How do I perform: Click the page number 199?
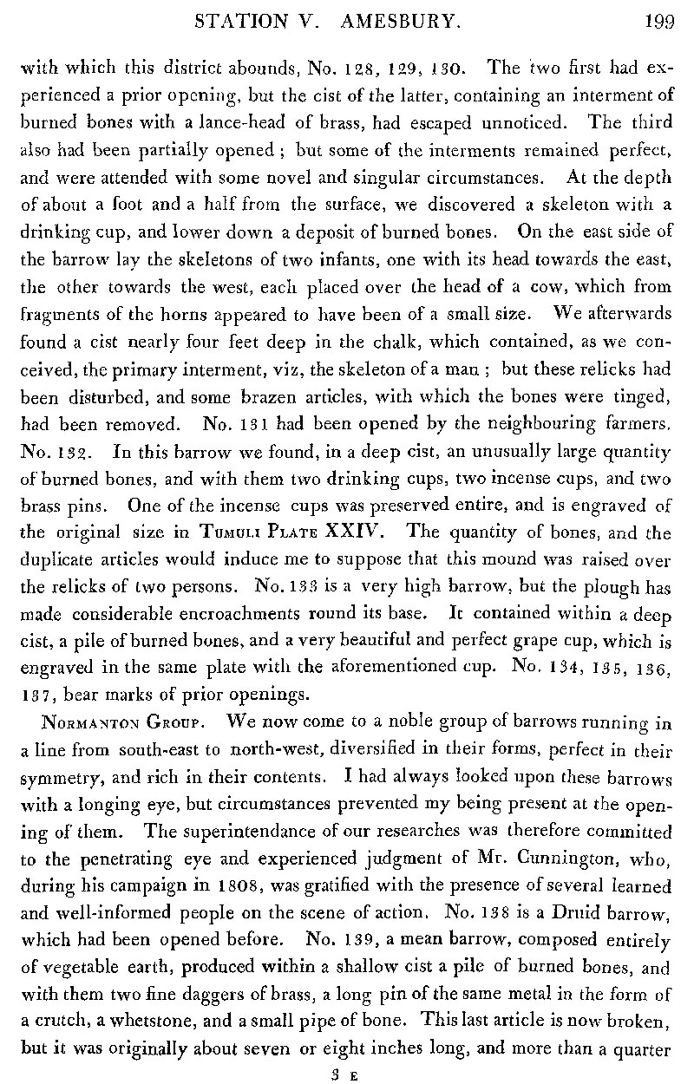[x=659, y=22]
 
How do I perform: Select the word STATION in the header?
[x=245, y=22]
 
